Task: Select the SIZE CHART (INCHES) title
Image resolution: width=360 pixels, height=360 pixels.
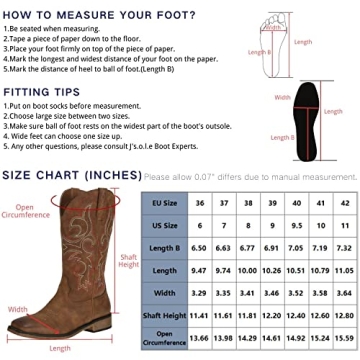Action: pyautogui.click(x=72, y=175)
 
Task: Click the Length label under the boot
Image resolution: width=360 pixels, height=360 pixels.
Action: pyautogui.click(x=62, y=348)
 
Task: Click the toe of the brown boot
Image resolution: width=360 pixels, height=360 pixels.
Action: pyautogui.click(x=20, y=323)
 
